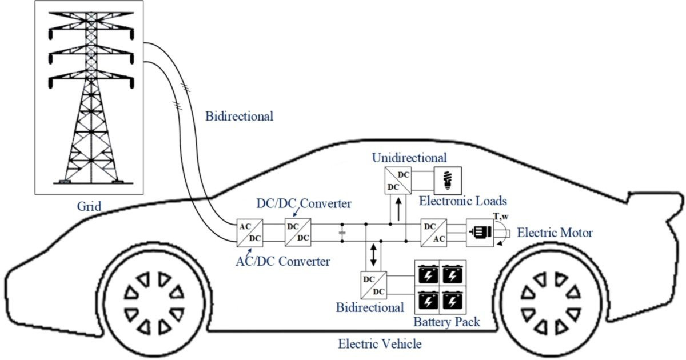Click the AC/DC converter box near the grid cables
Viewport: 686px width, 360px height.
click(250, 233)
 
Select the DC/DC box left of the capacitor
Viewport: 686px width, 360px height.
click(297, 233)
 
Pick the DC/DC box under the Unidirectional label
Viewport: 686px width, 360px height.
click(396, 180)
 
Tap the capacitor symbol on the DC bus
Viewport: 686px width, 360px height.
click(342, 233)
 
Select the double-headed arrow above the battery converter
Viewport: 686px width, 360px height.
click(373, 254)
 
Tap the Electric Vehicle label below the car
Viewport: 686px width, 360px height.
click(380, 344)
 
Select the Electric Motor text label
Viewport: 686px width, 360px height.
click(555, 233)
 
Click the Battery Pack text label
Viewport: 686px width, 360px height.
click(446, 322)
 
